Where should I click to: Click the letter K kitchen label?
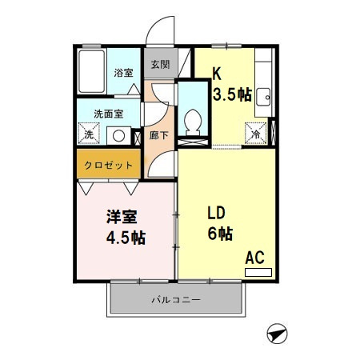[216, 74]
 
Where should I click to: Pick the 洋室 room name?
[120, 217]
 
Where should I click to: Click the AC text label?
[254, 258]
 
